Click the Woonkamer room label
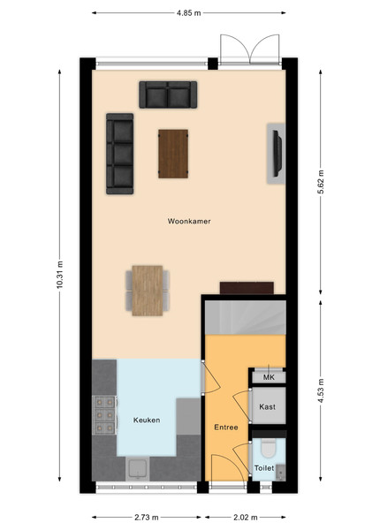[x=189, y=222]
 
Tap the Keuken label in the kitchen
[x=147, y=420]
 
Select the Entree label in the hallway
[x=226, y=428]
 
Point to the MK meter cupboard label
[x=269, y=377]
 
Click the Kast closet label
[x=267, y=406]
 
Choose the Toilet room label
[x=264, y=468]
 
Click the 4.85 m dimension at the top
[x=188, y=13]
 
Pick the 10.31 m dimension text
[x=59, y=275]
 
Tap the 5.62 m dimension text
[x=320, y=182]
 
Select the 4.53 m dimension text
[x=320, y=390]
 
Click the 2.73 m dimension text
[x=147, y=517]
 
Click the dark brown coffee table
[x=173, y=154]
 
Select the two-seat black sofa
[x=168, y=95]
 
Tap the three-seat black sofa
[x=119, y=154]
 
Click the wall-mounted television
[x=277, y=154]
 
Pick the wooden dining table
[x=148, y=291]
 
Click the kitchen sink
[x=138, y=468]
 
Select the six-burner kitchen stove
[x=104, y=415]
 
